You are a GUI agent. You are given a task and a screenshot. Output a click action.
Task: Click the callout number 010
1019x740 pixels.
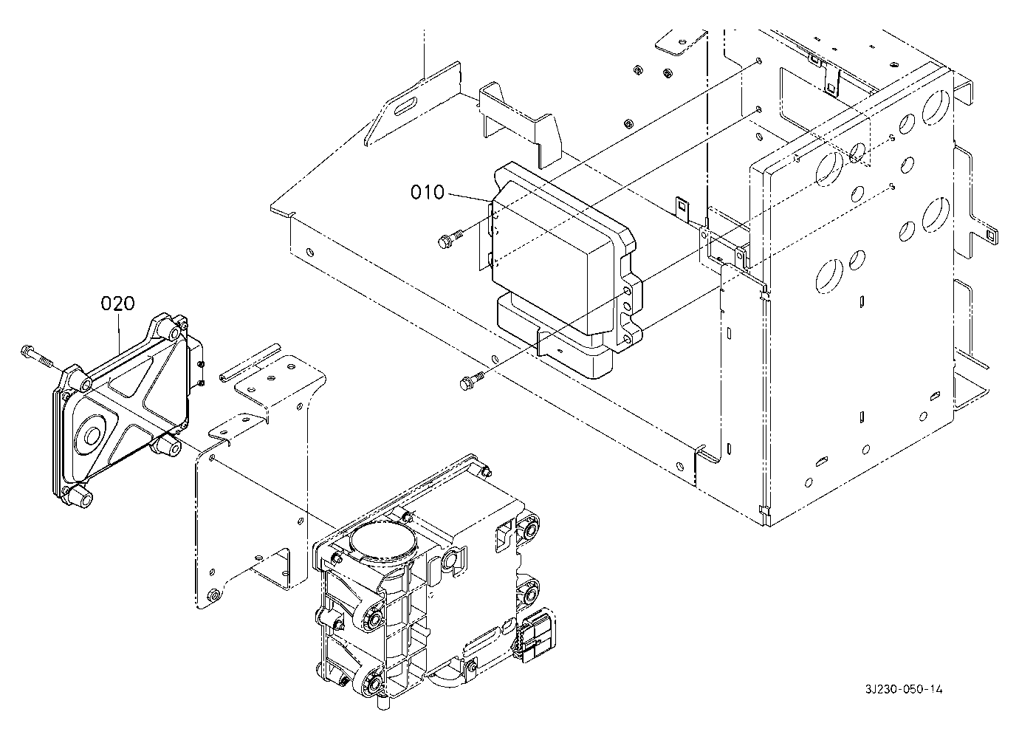coord(427,192)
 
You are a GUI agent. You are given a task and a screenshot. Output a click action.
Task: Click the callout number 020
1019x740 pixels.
coord(118,303)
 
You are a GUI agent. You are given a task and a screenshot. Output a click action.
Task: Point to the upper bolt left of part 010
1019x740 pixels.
coord(450,239)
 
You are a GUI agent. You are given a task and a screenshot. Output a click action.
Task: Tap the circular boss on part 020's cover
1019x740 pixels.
coord(92,436)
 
